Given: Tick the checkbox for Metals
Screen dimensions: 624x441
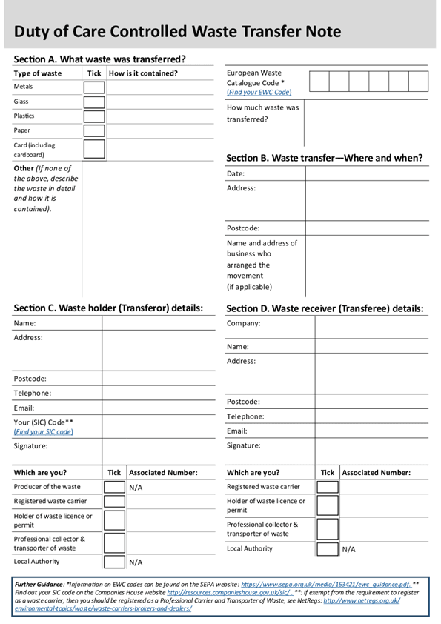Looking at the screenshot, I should tap(94, 87).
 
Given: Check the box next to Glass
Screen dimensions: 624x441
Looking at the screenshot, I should tap(94, 102).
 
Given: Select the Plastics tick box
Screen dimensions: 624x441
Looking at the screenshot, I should tap(94, 116).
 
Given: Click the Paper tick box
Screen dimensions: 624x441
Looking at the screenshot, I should tap(94, 131).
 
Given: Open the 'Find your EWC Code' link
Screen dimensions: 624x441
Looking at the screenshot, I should tap(259, 93).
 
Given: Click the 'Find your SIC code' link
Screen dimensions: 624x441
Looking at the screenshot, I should tap(44, 432).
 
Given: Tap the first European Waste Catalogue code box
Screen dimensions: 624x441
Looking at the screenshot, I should tap(319, 82).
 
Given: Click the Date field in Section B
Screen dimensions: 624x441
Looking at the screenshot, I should tap(367, 174).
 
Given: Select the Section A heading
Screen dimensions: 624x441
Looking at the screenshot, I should tap(100, 59).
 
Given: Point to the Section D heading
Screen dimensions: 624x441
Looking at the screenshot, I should tap(325, 308).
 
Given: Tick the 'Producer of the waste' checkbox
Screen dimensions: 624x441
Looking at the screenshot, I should tap(114, 488).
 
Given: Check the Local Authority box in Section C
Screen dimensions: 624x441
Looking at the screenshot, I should tap(114, 562).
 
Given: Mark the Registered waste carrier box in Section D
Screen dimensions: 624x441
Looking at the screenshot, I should tap(328, 488).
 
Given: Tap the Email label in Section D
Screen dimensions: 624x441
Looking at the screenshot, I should tap(237, 431).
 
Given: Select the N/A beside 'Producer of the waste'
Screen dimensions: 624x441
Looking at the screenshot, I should tap(136, 488).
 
